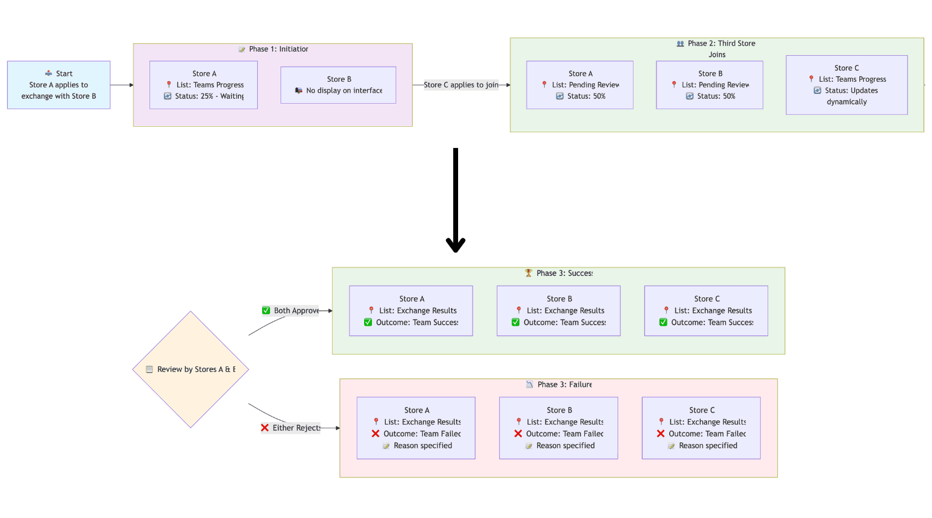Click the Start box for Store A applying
pyautogui.click(x=59, y=85)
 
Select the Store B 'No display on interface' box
pyautogui.click(x=338, y=85)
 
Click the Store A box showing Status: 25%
pyautogui.click(x=203, y=85)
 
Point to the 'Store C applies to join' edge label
pyautogui.click(x=461, y=85)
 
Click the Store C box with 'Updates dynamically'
pyautogui.click(x=846, y=85)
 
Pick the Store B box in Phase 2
pyautogui.click(x=709, y=85)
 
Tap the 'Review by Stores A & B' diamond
pyautogui.click(x=191, y=369)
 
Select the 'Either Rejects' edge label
pyautogui.click(x=291, y=428)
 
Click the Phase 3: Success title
pyautogui.click(x=559, y=274)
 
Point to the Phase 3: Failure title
pyautogui.click(x=559, y=385)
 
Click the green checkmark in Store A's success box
pyautogui.click(x=368, y=323)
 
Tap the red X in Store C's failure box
pyautogui.click(x=661, y=434)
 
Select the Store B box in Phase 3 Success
pyautogui.click(x=558, y=311)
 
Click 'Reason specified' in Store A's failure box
pyautogui.click(x=422, y=446)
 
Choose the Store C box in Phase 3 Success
pyautogui.click(x=706, y=311)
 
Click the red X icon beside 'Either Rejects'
pyautogui.click(x=265, y=428)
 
